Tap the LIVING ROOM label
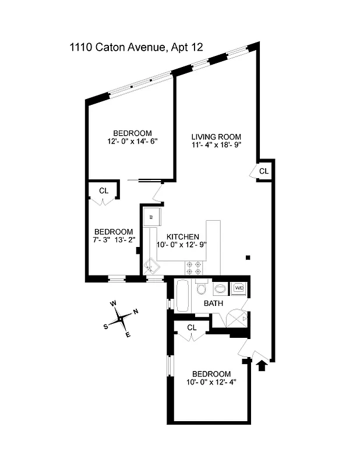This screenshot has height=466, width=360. coord(216,137)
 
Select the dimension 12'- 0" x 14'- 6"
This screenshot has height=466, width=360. coord(133,141)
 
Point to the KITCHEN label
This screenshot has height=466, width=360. coord(183,237)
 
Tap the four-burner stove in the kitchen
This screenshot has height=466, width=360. coord(193,267)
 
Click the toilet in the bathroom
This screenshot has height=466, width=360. coord(202,289)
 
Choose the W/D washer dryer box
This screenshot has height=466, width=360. coord(239,288)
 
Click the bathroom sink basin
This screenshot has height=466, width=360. coord(221,288)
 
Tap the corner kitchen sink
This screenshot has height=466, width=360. coord(153,266)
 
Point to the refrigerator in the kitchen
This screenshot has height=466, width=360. coord(152,216)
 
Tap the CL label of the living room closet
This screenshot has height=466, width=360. coord(264,171)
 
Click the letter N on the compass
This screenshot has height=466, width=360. coord(136,312)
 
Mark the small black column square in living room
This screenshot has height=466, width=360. coord(248,257)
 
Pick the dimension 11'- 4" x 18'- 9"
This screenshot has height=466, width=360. coord(216,146)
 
